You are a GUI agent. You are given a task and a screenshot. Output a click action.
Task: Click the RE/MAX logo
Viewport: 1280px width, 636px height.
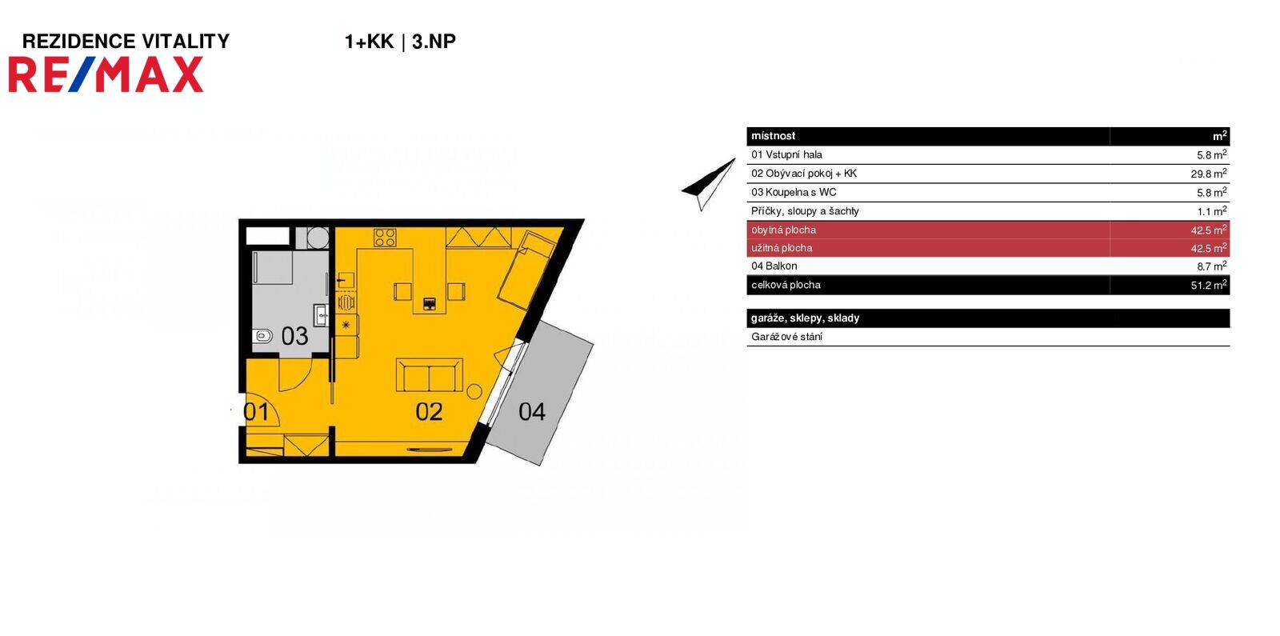point(106,75)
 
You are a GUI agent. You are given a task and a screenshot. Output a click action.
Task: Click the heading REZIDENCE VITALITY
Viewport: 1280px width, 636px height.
point(126,42)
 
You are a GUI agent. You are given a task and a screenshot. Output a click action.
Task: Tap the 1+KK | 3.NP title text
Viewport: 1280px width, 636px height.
point(399,42)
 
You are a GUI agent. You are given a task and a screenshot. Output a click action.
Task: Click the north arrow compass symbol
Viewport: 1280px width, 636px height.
point(708,183)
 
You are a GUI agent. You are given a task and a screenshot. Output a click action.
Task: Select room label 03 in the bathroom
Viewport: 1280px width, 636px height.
point(294,336)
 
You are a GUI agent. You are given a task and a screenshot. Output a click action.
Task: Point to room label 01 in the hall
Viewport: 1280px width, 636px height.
point(256,412)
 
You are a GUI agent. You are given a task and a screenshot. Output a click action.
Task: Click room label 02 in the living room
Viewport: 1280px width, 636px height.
point(429,411)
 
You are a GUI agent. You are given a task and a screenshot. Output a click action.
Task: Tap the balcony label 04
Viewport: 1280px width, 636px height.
point(532,411)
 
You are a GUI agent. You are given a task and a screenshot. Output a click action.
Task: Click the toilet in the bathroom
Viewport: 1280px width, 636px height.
point(262,336)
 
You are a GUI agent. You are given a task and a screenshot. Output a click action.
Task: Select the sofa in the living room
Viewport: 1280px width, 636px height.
point(429,374)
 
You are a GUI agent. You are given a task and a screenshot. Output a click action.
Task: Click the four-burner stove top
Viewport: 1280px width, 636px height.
point(385,238)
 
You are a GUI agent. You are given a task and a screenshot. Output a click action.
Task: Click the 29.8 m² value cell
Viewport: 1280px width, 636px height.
point(1208,174)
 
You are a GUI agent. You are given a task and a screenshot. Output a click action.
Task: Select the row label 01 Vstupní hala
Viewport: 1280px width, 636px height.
point(786,154)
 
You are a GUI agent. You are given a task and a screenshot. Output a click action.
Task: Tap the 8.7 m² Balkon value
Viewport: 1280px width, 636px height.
point(1211,266)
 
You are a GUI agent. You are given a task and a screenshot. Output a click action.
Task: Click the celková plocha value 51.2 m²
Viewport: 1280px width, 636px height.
point(1208,285)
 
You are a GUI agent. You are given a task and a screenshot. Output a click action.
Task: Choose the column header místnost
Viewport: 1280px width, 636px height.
point(773,136)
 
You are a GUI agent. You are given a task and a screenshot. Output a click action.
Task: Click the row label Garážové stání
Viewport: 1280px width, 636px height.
point(786,337)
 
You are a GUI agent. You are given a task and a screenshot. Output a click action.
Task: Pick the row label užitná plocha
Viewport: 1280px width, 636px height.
point(782,248)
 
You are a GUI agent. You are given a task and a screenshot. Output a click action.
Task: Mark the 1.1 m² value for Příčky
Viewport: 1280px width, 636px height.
point(1211,211)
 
